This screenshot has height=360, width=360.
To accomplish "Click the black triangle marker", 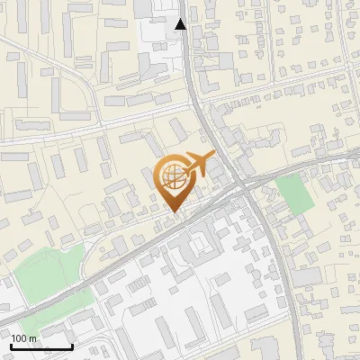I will click(x=181, y=24).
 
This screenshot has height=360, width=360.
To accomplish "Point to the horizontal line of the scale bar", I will click(x=41, y=346).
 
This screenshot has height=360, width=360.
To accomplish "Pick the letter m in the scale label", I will click(x=33, y=338).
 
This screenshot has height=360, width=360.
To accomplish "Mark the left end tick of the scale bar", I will click(x=11, y=345).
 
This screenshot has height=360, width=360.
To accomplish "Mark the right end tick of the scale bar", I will click(x=72, y=345).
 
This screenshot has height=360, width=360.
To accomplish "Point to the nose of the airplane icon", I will click(x=214, y=156).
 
